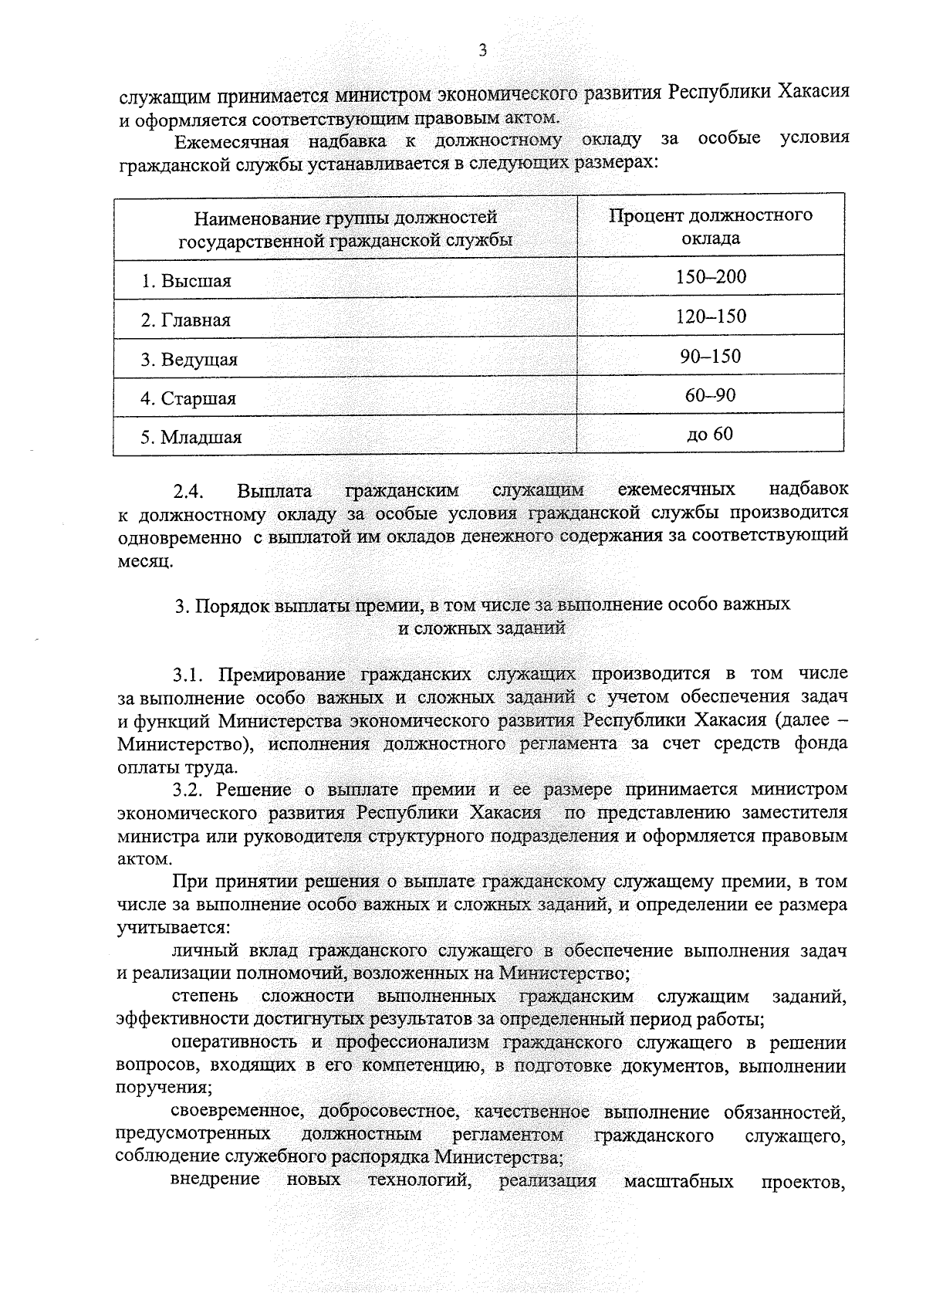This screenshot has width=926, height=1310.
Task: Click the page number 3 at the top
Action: (x=483, y=51)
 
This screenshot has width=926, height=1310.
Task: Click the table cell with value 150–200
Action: (x=711, y=276)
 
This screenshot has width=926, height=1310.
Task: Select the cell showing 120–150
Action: (x=711, y=316)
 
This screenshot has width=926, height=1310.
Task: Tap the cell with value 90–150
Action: (x=711, y=356)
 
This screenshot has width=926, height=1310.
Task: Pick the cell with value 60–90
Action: (x=711, y=395)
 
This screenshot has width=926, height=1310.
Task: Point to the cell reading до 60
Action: (x=711, y=435)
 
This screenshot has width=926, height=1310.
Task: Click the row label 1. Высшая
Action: (x=186, y=281)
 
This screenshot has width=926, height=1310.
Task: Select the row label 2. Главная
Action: (x=185, y=320)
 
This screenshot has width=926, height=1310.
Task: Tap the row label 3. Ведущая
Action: (x=189, y=360)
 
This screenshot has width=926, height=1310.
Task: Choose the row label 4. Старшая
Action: (x=188, y=399)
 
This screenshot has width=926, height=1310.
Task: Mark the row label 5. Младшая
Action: (x=191, y=438)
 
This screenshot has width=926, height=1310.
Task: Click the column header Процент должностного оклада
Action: (x=711, y=226)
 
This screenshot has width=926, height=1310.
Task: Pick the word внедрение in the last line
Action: (x=215, y=1203)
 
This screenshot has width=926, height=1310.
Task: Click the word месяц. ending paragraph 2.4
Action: (x=144, y=560)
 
